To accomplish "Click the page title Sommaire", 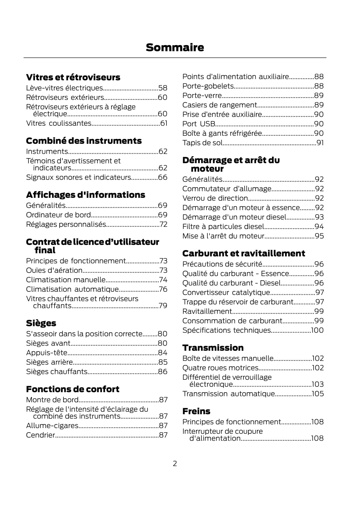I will [175, 48].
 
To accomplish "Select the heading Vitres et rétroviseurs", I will [73, 77].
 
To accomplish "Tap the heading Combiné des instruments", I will [84, 141].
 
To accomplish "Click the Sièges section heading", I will [41, 323].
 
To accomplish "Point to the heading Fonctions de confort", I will [73, 389].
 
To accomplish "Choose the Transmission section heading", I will [213, 348].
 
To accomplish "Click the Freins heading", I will [196, 411].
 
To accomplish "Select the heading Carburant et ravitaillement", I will [244, 253].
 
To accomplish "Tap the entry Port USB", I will [199, 124].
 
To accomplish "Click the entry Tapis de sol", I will [203, 143].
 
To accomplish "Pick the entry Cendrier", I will [41, 435].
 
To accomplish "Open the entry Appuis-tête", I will [47, 353].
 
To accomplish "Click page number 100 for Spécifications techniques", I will [317, 330].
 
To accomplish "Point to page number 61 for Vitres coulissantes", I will [164, 123].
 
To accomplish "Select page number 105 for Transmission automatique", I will [318, 394].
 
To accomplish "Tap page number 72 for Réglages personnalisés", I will [163, 224].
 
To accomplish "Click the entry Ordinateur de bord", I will [58, 215].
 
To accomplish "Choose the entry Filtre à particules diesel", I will [223, 226].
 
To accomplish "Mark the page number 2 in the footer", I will [175, 463].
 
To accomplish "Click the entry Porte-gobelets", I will [208, 86].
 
